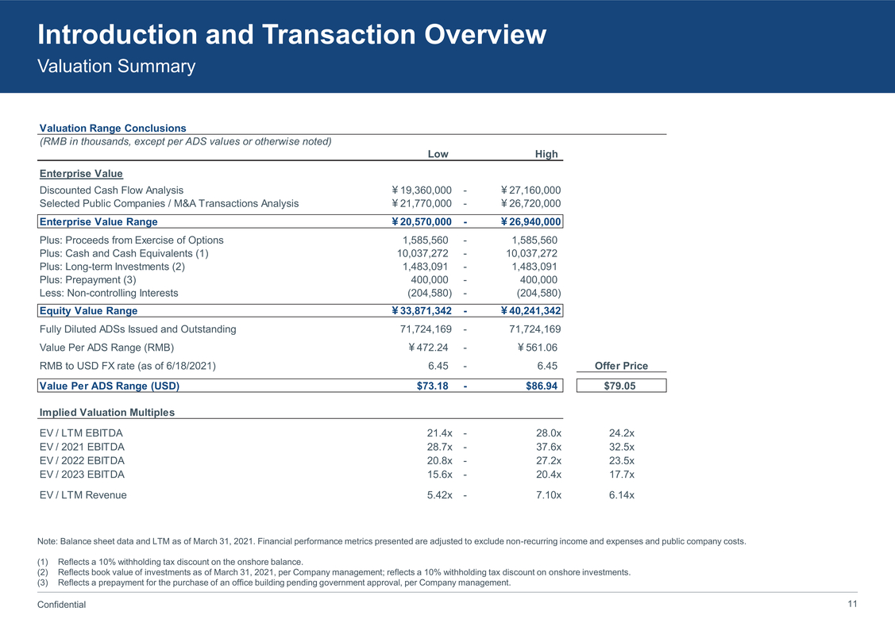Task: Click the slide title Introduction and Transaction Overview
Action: click(291, 35)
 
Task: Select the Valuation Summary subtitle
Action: click(116, 67)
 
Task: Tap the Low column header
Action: click(438, 154)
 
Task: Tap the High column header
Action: click(546, 154)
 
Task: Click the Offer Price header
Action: click(621, 366)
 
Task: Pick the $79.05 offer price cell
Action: click(621, 386)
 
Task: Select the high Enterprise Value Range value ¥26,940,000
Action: click(531, 222)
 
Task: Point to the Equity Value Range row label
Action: click(88, 311)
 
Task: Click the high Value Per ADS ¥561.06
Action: click(539, 348)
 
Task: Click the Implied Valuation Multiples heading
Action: click(106, 413)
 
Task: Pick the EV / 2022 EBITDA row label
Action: click(82, 461)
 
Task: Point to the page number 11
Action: click(852, 604)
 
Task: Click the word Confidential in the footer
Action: click(62, 605)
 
